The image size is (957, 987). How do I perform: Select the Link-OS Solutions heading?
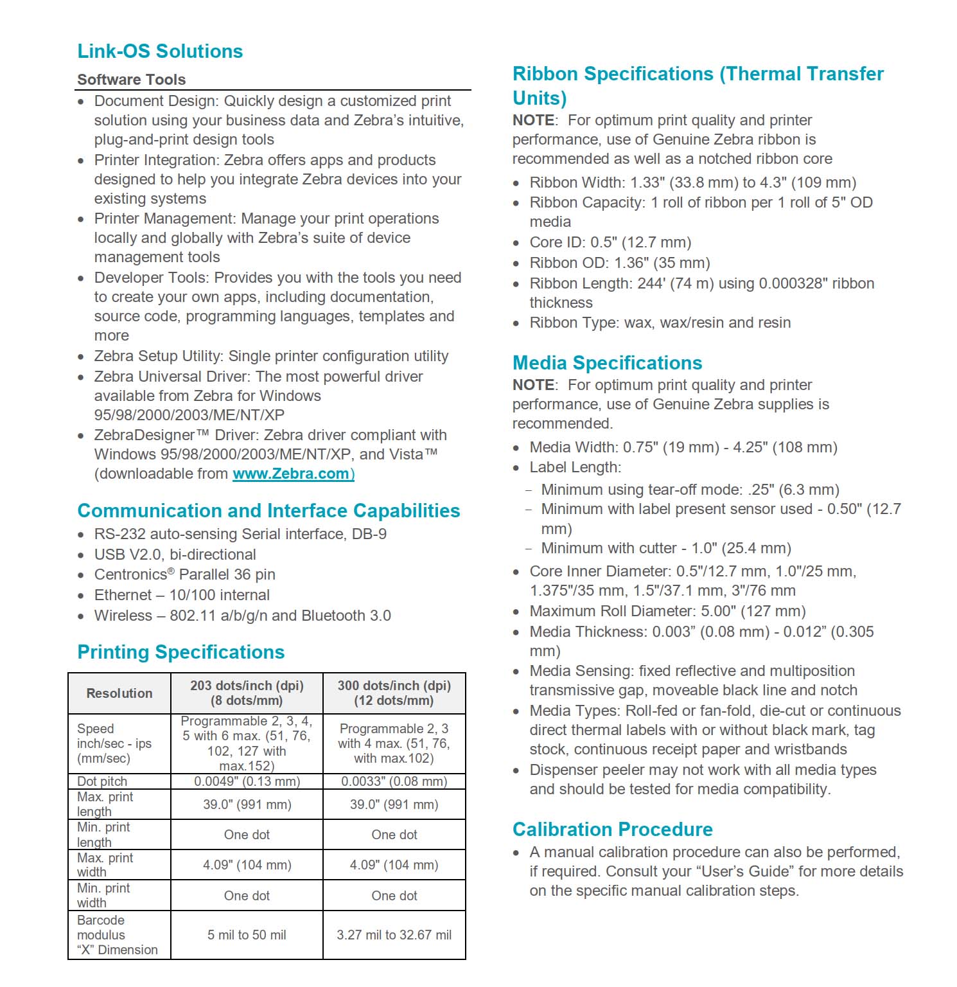[x=160, y=51]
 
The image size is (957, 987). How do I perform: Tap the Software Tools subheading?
[x=132, y=80]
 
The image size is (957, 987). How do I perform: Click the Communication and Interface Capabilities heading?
[x=268, y=511]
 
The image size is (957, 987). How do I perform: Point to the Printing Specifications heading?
[x=180, y=652]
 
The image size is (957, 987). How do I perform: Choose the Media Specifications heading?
[x=607, y=363]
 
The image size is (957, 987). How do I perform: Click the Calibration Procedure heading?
[x=612, y=830]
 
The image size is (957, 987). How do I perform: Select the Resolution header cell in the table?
[x=119, y=693]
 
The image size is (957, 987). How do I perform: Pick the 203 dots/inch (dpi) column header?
[x=247, y=693]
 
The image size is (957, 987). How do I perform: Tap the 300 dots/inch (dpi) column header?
[x=394, y=693]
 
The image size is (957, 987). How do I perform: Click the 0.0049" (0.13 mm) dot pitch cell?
[x=247, y=781]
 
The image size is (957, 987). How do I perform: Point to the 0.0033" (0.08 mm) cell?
[x=394, y=781]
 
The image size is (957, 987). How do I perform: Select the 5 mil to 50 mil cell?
[x=247, y=935]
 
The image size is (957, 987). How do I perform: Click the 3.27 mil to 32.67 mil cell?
[x=394, y=935]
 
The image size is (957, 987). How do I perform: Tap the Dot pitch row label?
[x=102, y=781]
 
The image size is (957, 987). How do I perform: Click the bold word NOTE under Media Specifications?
[x=534, y=385]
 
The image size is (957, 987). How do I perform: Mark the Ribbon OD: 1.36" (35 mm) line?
[x=619, y=263]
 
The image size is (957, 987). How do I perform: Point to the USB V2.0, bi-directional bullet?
[x=175, y=555]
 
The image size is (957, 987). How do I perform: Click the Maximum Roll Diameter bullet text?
[x=667, y=611]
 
